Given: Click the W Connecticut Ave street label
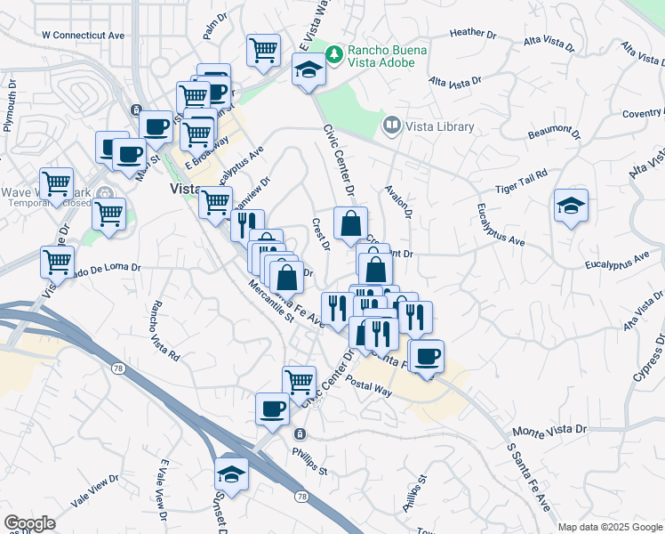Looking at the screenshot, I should [83, 35].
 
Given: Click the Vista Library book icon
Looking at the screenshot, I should [390, 125].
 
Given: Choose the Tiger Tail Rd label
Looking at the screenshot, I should [521, 183].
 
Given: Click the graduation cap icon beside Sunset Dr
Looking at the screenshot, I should [232, 473].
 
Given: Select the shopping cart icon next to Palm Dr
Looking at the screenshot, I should [263, 52].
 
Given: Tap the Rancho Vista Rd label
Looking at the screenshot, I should [164, 331].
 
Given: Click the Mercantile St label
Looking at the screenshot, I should [271, 303].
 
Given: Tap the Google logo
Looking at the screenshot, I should [29, 523].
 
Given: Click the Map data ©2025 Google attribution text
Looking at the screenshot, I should [609, 527].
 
